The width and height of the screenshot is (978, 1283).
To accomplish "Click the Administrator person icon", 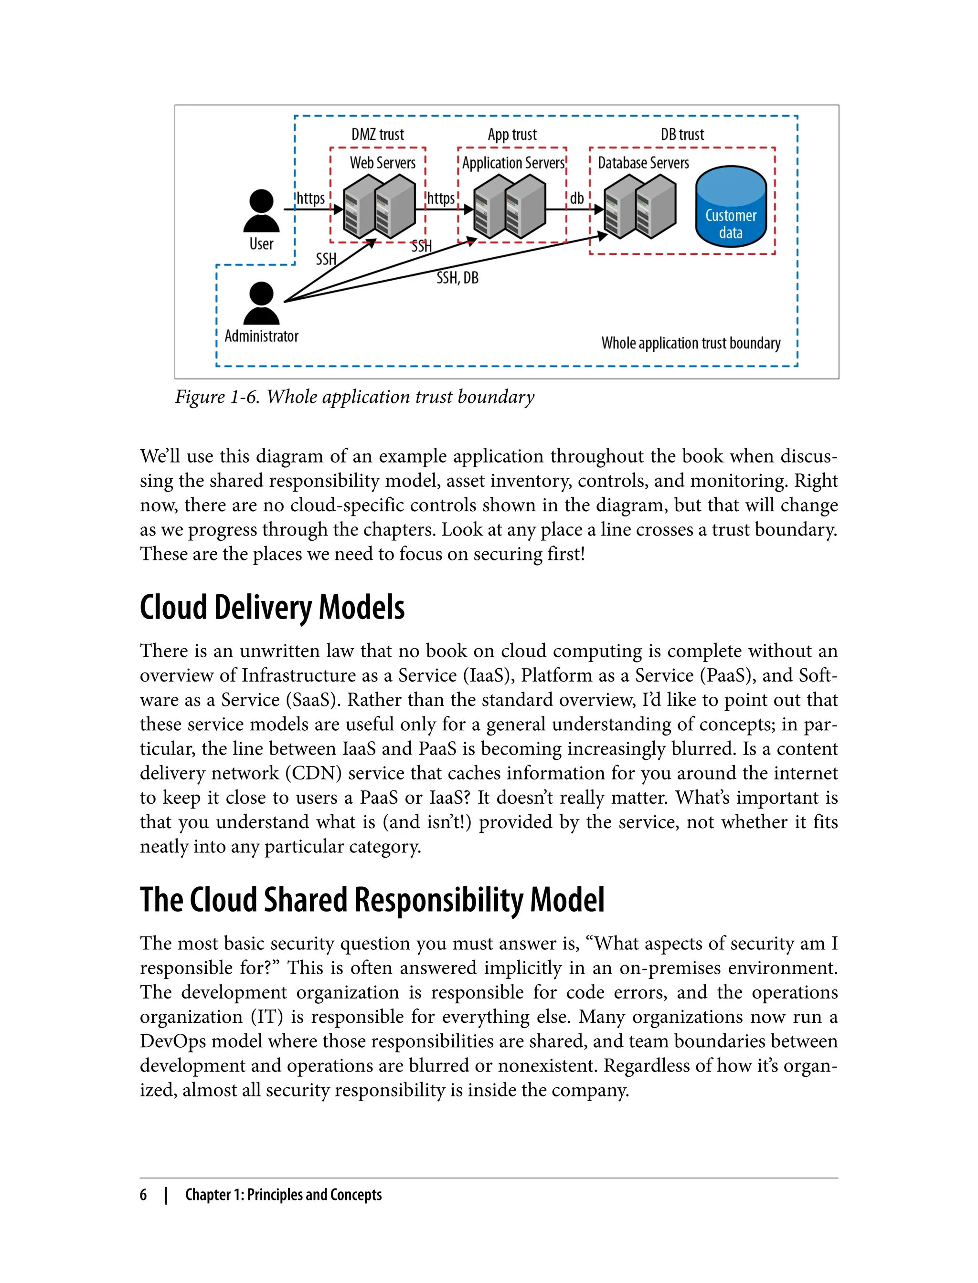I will pos(261,303).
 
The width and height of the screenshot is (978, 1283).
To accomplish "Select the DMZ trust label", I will pos(377,135).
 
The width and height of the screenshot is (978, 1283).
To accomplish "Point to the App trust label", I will pos(512,135).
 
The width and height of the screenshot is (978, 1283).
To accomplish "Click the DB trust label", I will pos(682,135).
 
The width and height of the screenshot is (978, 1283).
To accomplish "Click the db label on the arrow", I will pos(576,199).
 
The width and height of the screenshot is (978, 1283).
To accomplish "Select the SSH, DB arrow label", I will pos(457,278).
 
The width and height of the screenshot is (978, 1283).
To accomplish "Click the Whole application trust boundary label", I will pos(691,343).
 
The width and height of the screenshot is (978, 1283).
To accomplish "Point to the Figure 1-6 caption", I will pos(354,397).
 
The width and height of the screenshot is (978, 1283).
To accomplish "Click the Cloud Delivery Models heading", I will pos(272,608).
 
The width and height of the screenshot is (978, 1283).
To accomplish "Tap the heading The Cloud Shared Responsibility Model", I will pos(372,900).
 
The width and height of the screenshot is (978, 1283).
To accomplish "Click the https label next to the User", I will pos(311,199).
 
